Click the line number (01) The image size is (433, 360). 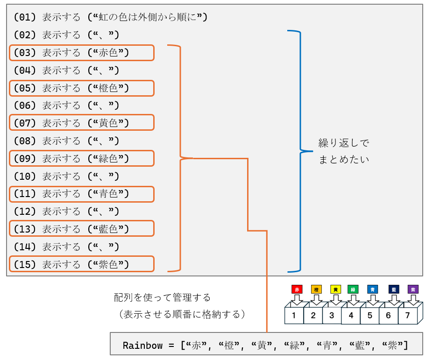coord(25,17)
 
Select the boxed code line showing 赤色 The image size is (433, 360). coord(82,53)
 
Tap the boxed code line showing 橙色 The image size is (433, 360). coord(82,88)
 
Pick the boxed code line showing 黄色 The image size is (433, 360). coord(82,123)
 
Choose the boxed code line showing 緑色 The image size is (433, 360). coord(82,158)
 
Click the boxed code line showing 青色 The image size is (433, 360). coord(82,194)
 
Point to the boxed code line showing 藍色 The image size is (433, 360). coord(82,228)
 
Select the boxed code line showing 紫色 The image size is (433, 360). coord(82,264)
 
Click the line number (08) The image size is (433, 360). coord(25,141)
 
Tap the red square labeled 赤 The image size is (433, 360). coord(297,289)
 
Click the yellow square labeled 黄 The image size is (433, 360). coord(335,289)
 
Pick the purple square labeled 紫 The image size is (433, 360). coord(413,289)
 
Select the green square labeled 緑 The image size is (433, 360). coord(353,289)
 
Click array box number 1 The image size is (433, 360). coord(294,315)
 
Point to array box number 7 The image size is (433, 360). coord(408,315)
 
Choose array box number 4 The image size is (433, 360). coord(351,315)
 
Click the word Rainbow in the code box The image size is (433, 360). coord(143,346)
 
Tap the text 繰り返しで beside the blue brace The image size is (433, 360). coord(344,143)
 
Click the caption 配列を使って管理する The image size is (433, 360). coord(163,297)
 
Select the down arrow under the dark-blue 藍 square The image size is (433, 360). coord(394,300)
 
